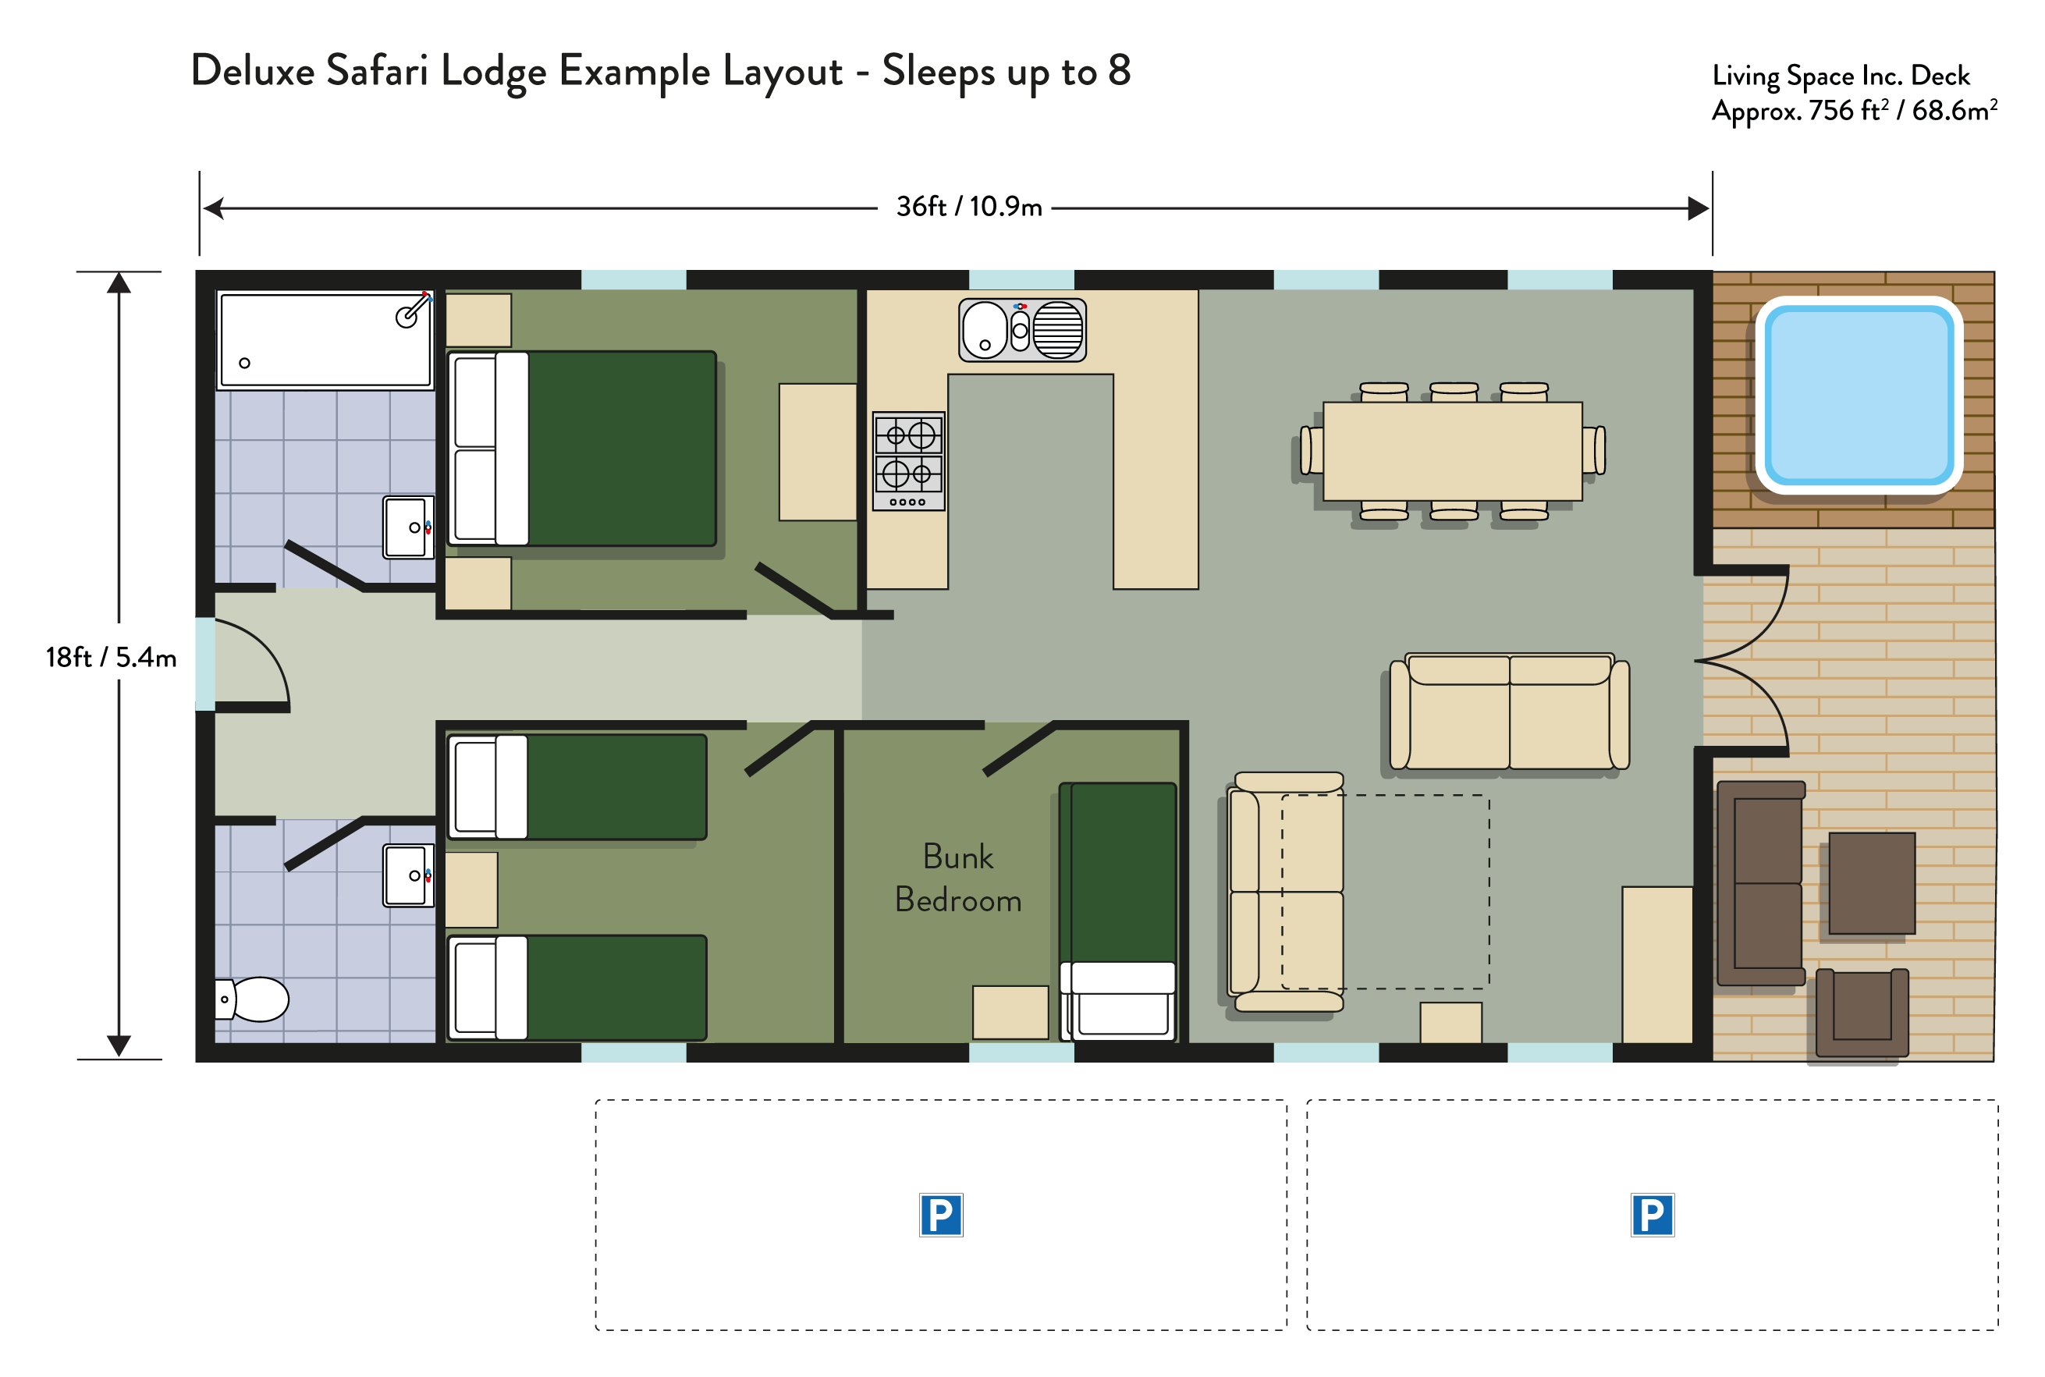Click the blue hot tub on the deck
coord(1858,394)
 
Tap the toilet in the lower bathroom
coord(252,999)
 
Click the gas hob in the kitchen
coord(909,461)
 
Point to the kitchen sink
coord(1022,330)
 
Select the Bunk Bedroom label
coord(958,878)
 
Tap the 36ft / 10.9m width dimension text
coord(968,207)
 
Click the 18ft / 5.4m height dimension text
coord(112,657)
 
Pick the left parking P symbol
coord(940,1215)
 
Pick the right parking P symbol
coord(1652,1215)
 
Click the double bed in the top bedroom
coord(581,449)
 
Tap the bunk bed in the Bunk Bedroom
coord(1118,911)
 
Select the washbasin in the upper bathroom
coord(408,527)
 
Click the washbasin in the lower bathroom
coord(408,875)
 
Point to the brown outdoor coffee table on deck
coord(1871,883)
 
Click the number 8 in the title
coord(1119,70)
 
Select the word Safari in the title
coord(378,70)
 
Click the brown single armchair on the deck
coord(1862,1013)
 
